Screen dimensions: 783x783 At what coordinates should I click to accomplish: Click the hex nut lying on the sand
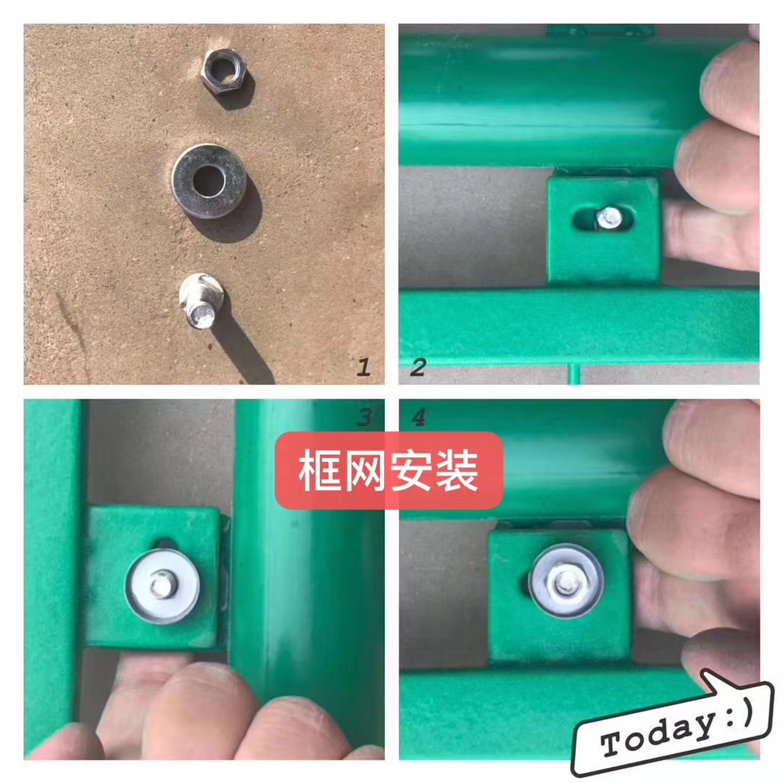pos(225,72)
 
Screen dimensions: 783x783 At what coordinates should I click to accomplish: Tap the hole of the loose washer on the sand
pos(209,181)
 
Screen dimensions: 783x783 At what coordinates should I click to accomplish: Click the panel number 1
pos(363,367)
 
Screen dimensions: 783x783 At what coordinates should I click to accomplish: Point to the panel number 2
pos(418,367)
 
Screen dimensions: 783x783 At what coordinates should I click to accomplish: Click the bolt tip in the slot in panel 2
pos(609,217)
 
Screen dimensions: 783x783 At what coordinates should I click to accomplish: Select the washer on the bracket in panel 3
pos(162,587)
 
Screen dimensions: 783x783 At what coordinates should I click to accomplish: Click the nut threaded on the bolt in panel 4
pos(565,581)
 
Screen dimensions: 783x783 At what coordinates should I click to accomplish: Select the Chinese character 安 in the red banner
pos(411,471)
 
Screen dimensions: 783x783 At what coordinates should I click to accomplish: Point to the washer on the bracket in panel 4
pos(565,581)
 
